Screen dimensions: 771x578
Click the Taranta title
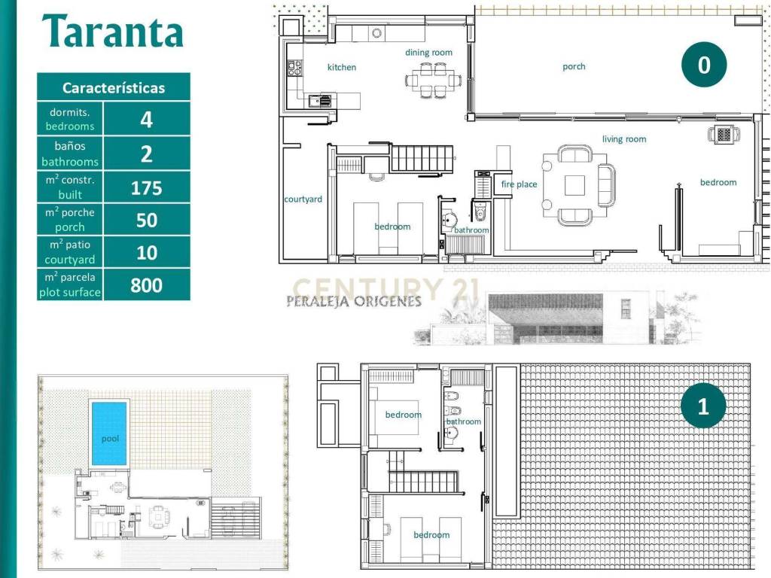pos(113,31)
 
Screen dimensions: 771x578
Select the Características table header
pos(114,87)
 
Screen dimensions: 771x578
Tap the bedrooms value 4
pos(147,120)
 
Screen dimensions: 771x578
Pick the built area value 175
pos(147,187)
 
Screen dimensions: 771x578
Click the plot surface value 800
pos(147,285)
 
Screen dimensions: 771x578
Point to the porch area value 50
pos(147,221)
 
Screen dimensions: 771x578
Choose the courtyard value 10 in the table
pos(147,253)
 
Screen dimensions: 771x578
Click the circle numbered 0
pos(704,65)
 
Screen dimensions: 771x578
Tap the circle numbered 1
pos(703,406)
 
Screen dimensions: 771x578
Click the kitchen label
pos(342,67)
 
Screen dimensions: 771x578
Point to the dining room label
pos(428,53)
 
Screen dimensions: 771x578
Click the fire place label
pos(520,184)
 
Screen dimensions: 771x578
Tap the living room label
pos(624,139)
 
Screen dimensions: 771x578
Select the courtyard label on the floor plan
pos(303,199)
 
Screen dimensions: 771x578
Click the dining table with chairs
pos(434,80)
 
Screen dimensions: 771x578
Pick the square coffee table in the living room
pos(574,185)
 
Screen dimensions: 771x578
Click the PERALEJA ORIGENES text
pos(354,301)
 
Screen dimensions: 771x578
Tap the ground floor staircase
pos(422,158)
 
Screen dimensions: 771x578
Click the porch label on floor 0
pos(574,66)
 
